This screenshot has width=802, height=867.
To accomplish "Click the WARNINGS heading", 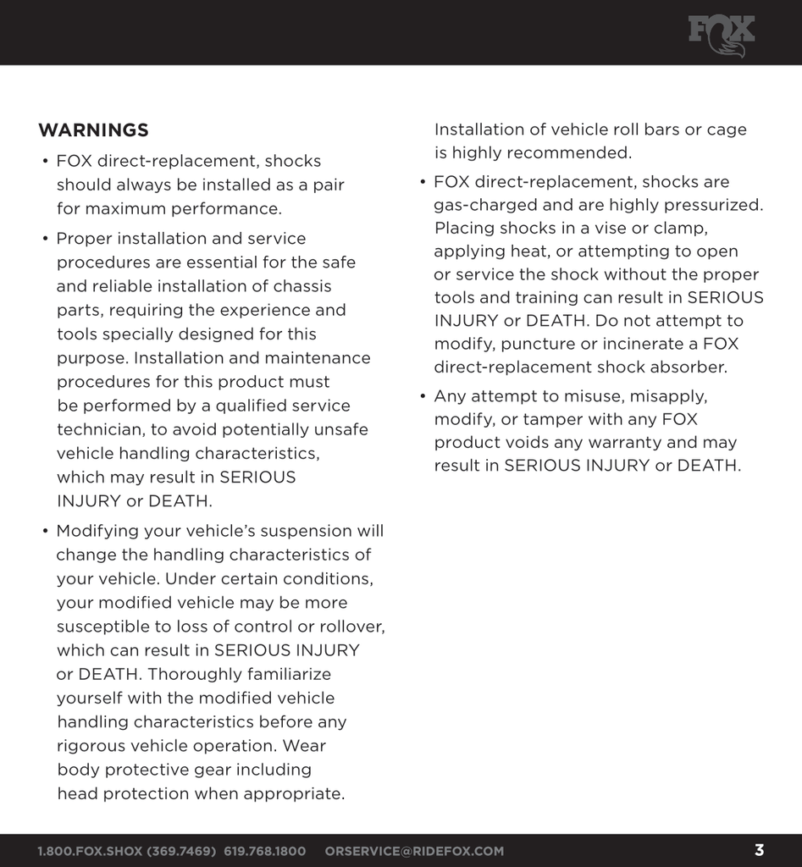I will pyautogui.click(x=93, y=130).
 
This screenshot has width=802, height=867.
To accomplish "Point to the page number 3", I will pyautogui.click(x=759, y=850).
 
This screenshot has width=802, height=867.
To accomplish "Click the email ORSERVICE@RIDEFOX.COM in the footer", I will pyautogui.click(x=414, y=851).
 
